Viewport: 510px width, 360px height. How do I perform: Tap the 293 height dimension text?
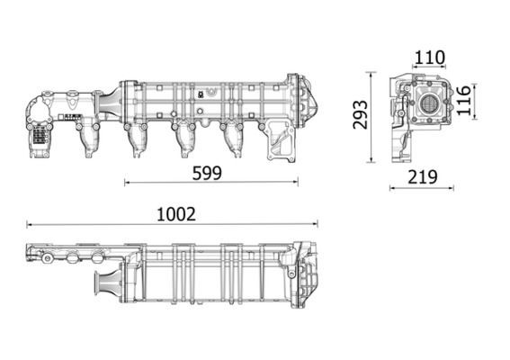pyautogui.click(x=361, y=114)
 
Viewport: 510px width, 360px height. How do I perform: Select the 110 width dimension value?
pyautogui.click(x=429, y=58)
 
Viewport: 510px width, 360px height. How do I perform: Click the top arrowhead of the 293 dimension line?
pyautogui.click(x=371, y=73)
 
